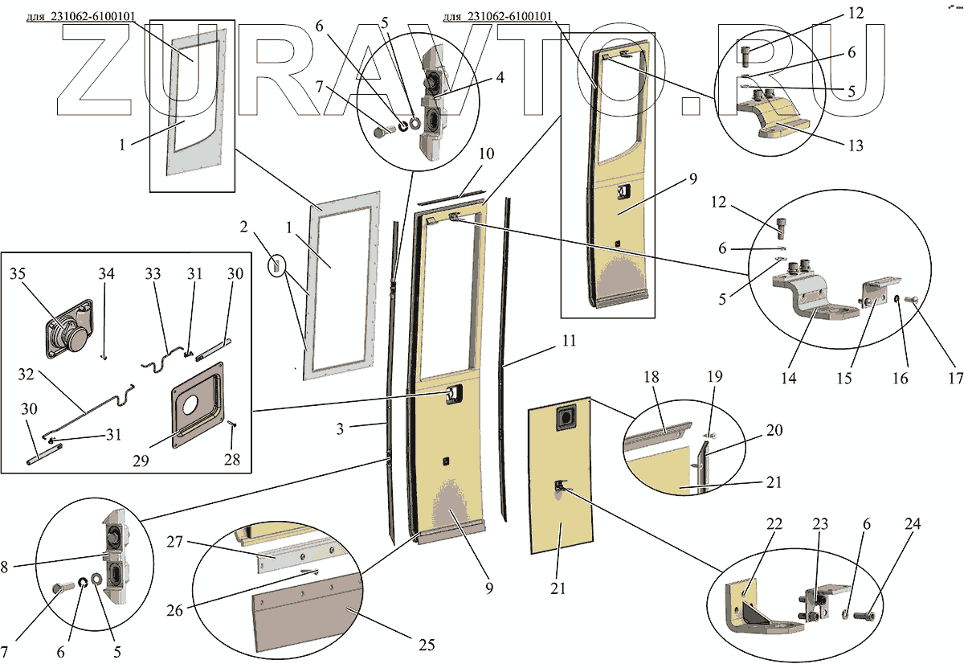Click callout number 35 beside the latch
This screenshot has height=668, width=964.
(x=18, y=274)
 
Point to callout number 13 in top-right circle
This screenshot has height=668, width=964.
(x=856, y=145)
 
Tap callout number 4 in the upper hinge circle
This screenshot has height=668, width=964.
(x=500, y=78)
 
